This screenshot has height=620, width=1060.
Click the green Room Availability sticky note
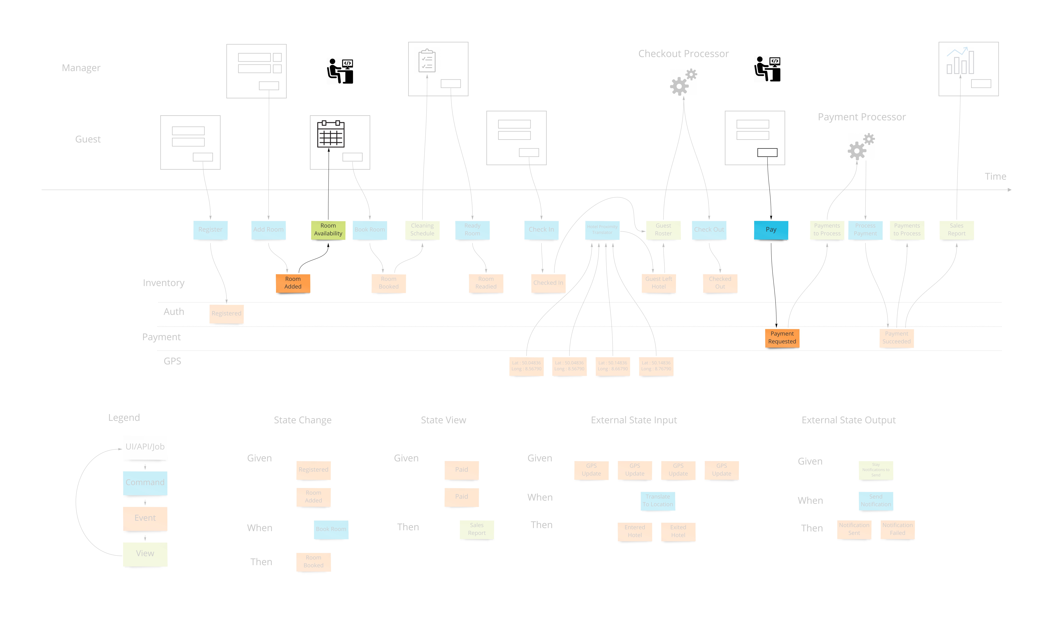328,230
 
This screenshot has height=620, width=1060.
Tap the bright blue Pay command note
771,230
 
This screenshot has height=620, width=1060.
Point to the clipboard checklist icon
427,61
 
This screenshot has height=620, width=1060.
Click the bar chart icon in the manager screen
960,61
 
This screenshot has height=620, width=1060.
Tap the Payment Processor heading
861,117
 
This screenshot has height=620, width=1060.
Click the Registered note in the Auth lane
226,313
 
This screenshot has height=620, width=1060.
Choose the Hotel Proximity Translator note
602,230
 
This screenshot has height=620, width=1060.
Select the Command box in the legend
145,482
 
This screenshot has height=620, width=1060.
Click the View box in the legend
145,554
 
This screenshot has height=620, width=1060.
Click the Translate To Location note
657,501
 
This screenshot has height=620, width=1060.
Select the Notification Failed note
897,529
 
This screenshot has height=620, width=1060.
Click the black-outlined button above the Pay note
767,153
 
